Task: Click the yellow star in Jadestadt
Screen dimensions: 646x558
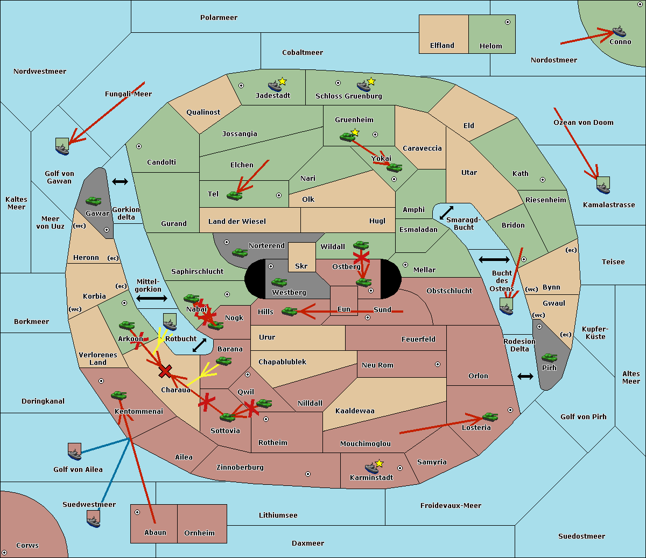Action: (282, 82)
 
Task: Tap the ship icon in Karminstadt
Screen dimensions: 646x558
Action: (371, 468)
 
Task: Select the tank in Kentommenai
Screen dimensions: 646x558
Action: (119, 395)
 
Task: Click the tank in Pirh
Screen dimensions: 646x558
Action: (549, 357)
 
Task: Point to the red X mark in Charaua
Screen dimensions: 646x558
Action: (165, 371)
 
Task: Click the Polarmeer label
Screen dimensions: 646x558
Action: (219, 18)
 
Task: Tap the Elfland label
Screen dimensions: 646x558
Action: (442, 46)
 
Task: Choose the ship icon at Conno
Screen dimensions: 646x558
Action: (619, 31)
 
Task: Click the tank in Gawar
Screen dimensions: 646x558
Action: (94, 201)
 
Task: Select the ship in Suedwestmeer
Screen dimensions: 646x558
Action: (94, 519)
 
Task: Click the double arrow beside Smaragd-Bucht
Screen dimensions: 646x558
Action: (446, 213)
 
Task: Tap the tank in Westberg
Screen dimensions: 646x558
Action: (279, 282)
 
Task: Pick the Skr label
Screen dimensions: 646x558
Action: (301, 266)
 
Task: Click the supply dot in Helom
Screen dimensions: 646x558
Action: (508, 22)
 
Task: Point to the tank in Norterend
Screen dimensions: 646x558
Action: (240, 252)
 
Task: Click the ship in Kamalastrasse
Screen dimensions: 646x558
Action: (603, 185)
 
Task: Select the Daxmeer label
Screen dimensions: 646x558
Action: (308, 543)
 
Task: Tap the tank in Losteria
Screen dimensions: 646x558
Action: (490, 416)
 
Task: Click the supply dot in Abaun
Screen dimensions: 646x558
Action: (137, 512)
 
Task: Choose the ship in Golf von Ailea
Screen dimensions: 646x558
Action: (75, 452)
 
